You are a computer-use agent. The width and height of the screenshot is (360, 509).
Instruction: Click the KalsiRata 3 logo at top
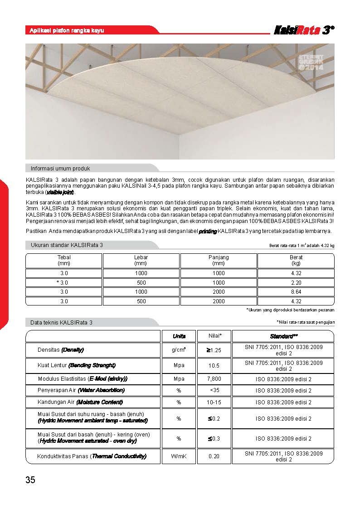304,30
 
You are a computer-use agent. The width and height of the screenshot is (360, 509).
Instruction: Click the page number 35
30,480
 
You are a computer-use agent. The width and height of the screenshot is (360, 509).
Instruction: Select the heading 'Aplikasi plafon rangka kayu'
67,30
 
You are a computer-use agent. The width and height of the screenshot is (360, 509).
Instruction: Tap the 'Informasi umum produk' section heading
60,168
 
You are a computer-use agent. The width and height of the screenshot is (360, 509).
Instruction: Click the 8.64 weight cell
296,292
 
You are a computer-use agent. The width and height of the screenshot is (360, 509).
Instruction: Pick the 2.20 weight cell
296,282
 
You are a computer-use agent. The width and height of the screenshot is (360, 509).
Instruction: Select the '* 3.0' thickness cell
64,282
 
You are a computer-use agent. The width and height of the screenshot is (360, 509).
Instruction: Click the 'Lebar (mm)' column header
141,260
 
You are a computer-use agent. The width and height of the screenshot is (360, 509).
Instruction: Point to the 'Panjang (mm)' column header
219,260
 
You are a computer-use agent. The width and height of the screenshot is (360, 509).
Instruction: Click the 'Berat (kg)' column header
296,260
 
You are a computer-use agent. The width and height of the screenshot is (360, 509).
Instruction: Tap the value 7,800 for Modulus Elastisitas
214,378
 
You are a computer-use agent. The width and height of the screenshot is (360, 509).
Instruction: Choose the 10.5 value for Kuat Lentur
214,365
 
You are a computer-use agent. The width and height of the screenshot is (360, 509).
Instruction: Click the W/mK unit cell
179,456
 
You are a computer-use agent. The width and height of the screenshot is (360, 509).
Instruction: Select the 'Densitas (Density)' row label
61,350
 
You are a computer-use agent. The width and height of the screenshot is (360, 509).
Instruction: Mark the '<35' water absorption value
214,390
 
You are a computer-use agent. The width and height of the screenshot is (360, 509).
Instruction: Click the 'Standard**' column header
283,336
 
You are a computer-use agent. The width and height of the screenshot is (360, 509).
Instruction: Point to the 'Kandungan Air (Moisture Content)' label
80,402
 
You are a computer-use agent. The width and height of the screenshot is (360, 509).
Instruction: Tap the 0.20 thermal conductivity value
214,456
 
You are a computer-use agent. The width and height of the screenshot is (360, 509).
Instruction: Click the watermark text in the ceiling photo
311,62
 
